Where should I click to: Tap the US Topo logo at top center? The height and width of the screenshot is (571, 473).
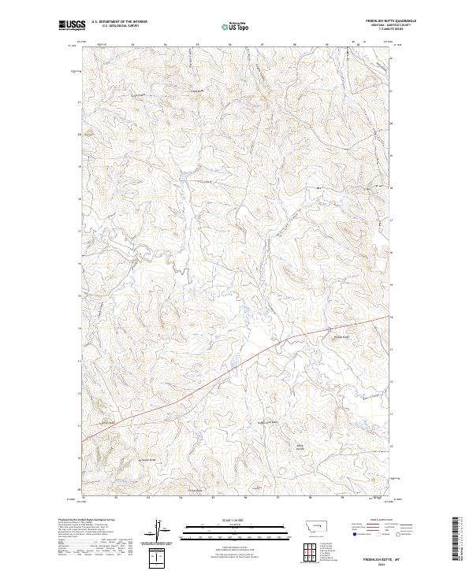[x=236, y=26]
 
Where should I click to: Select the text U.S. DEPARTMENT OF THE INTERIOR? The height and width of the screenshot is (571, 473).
[x=119, y=22]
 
